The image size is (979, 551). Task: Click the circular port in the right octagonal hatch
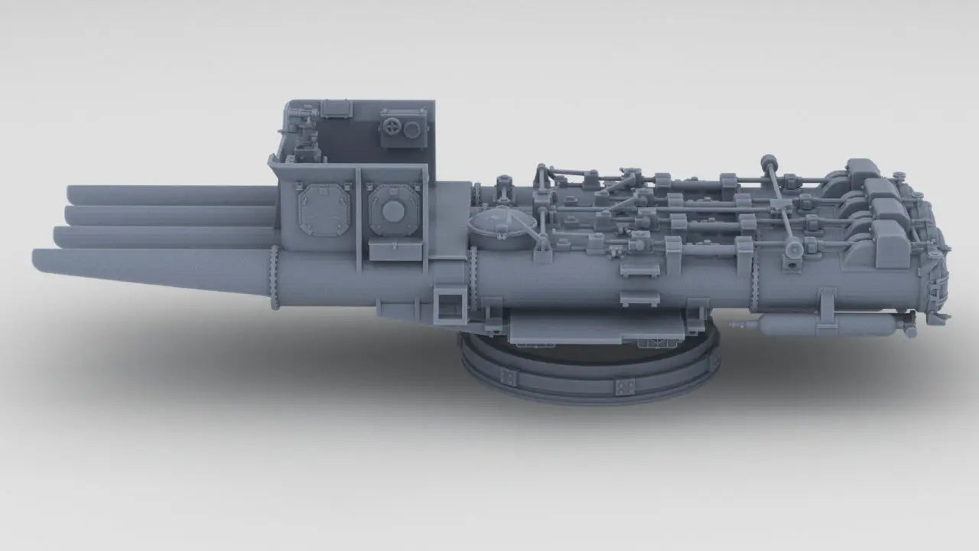tap(393, 211)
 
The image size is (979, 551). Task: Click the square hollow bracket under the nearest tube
tap(447, 305)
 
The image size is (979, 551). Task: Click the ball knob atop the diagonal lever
tap(767, 161)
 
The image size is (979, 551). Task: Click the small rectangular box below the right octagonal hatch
tap(395, 250)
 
